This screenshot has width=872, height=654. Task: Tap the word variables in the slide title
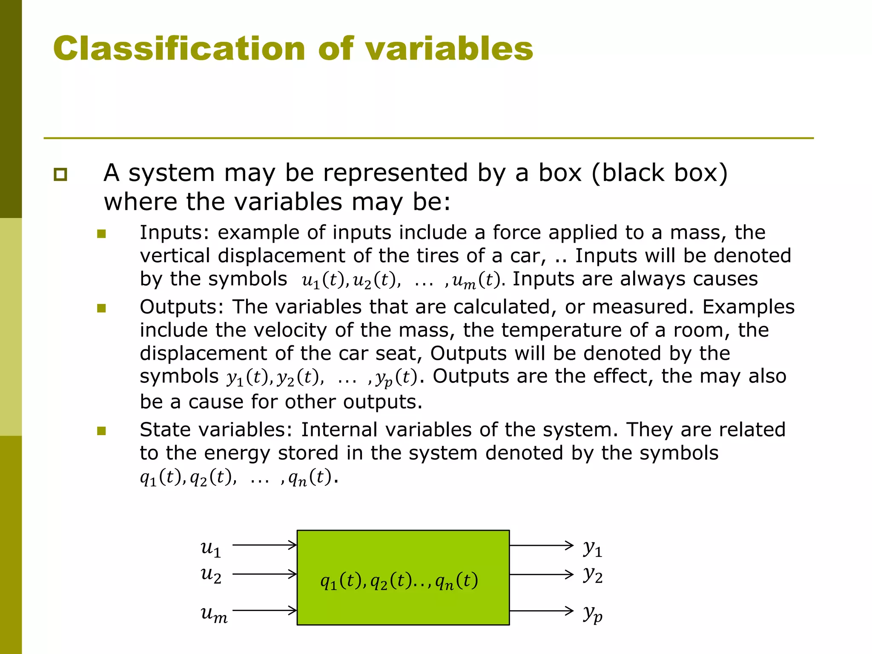(x=449, y=49)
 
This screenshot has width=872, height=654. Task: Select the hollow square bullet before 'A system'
(x=60, y=175)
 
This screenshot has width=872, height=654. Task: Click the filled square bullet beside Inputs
(x=101, y=233)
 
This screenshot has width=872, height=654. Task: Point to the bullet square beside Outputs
(x=101, y=308)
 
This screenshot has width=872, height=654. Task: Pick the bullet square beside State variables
(x=101, y=431)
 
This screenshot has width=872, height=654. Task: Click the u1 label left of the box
(x=211, y=548)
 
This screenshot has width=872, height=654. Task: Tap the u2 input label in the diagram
(x=211, y=575)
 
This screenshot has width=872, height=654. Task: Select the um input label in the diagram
(x=214, y=614)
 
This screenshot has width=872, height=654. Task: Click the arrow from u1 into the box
(x=264, y=545)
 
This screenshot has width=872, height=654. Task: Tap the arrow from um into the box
(x=264, y=611)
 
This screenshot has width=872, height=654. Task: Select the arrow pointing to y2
(x=542, y=574)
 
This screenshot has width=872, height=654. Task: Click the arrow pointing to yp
(x=542, y=611)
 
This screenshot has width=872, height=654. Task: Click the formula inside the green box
(x=399, y=581)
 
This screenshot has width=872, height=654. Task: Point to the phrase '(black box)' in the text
(x=660, y=173)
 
